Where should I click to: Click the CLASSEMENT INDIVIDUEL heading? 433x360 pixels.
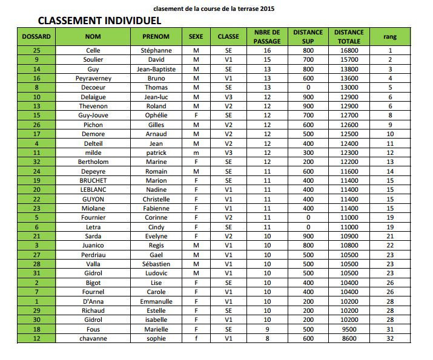point(100,21)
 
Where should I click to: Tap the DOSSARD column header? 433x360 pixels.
point(36,36)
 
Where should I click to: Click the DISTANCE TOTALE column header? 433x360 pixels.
point(349,36)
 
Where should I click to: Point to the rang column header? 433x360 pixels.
point(390,36)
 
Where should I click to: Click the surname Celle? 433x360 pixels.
point(93,51)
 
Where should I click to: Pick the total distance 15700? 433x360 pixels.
point(349,60)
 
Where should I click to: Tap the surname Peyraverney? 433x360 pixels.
point(93,79)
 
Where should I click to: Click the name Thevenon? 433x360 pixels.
point(93,106)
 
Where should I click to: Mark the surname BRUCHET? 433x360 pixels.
point(93,180)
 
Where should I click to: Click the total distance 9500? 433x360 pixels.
point(349,329)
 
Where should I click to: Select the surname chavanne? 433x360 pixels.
point(93,338)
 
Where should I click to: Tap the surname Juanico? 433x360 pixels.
point(93,245)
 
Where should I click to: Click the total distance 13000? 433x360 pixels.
point(349,88)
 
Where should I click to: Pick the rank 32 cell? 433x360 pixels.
point(390,338)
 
